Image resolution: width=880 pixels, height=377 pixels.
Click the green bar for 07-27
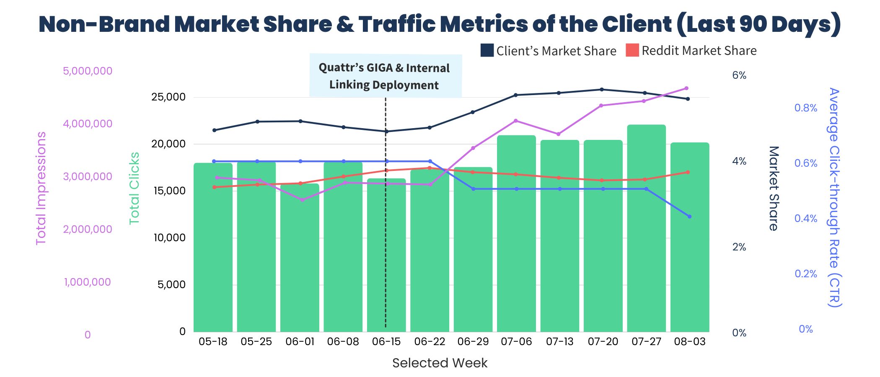[x=646, y=228]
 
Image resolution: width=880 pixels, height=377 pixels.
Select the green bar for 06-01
[x=300, y=258]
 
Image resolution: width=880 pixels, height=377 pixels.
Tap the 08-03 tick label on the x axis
[x=690, y=341]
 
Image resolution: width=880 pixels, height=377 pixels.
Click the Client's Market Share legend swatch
[x=487, y=50]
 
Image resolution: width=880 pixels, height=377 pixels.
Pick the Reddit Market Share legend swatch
[x=632, y=50]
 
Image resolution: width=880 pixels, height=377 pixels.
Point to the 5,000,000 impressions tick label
[x=88, y=71]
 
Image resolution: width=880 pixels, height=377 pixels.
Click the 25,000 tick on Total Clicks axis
[x=168, y=97]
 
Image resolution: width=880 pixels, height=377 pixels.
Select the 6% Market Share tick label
[x=739, y=75]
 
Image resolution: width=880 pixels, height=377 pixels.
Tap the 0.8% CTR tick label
[x=805, y=108]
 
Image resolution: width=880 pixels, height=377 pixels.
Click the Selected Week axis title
[x=440, y=363]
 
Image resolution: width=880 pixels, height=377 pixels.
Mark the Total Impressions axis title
[x=41, y=188]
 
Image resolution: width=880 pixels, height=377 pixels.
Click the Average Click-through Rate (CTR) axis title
[x=834, y=197]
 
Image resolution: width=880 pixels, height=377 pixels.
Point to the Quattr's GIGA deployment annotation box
[x=386, y=76]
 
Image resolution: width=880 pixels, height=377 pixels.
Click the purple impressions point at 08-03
[x=686, y=88]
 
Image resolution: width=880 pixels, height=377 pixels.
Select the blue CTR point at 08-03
[x=689, y=217]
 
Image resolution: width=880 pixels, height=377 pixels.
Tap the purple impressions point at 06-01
[x=302, y=200]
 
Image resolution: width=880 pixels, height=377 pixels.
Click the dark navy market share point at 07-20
[x=602, y=89]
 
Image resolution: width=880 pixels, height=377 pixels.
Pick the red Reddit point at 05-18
[x=214, y=187]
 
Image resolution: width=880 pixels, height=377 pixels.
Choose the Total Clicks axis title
[x=134, y=188]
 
